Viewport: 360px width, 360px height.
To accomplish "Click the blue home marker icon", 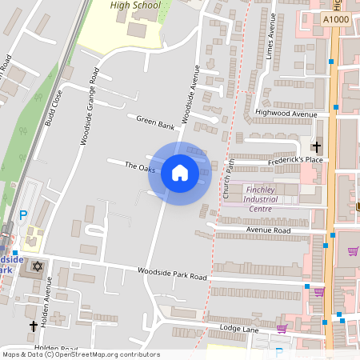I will (179, 173).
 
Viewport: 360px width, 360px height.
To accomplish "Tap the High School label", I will (135, 6).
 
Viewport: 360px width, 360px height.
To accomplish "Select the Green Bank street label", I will (155, 122).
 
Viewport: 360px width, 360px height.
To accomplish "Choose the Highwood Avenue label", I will (286, 114).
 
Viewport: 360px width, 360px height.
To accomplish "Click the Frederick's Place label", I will (295, 159).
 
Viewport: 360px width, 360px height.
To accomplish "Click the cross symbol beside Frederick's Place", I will (317, 146).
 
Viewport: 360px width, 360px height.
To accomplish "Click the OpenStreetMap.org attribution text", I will (103, 354).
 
